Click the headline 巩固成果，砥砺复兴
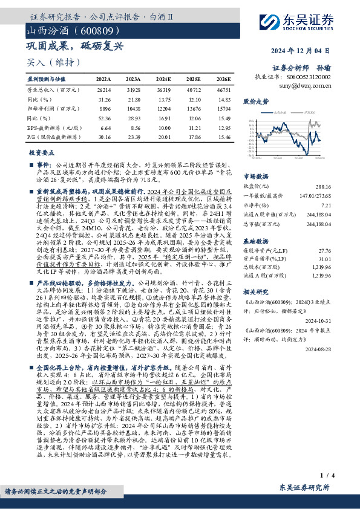tap(74, 45)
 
